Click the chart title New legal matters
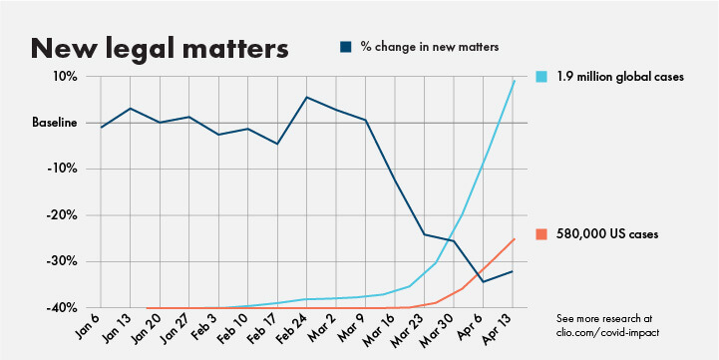[x=160, y=47]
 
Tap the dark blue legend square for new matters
[x=345, y=46]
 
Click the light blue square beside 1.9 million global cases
[x=541, y=77]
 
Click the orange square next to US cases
[x=541, y=234]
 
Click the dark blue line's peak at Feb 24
[x=306, y=97]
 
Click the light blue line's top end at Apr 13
[x=514, y=81]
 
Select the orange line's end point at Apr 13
[x=514, y=239]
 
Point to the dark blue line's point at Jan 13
[x=131, y=109]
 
